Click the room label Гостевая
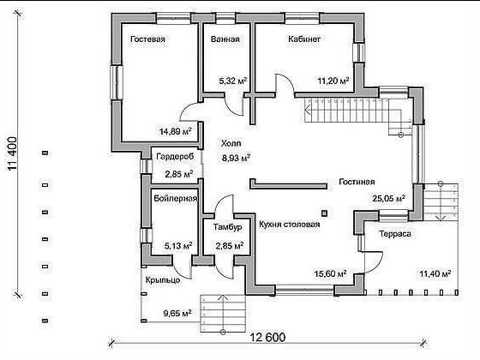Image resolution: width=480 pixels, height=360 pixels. point(147,39)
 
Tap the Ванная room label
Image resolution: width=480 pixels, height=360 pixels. point(225,39)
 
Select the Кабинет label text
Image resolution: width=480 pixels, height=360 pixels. point(304,39)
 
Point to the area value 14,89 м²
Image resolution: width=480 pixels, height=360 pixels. point(176,132)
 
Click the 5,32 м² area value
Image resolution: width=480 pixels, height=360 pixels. point(233,81)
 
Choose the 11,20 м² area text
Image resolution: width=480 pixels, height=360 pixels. point(333,81)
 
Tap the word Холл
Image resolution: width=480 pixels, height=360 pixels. point(231,143)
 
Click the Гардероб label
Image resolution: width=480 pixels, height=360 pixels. point(175,157)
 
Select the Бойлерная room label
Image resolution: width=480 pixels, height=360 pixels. point(176,198)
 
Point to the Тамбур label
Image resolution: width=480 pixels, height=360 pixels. point(227,227)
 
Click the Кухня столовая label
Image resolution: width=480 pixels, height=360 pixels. point(290,225)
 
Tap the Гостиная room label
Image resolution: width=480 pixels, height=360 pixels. point(357,182)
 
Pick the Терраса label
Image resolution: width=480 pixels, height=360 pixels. point(395,234)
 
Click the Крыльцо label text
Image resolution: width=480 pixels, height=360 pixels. point(163,280)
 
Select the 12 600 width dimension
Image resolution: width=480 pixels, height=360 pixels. point(267,338)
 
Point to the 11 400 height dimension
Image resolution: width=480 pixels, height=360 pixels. point(13,154)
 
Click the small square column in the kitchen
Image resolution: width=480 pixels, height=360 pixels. point(324,213)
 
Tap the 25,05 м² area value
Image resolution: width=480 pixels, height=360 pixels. point(389,198)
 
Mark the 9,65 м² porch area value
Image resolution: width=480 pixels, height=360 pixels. point(177,314)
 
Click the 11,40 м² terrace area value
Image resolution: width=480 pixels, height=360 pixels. point(435,273)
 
